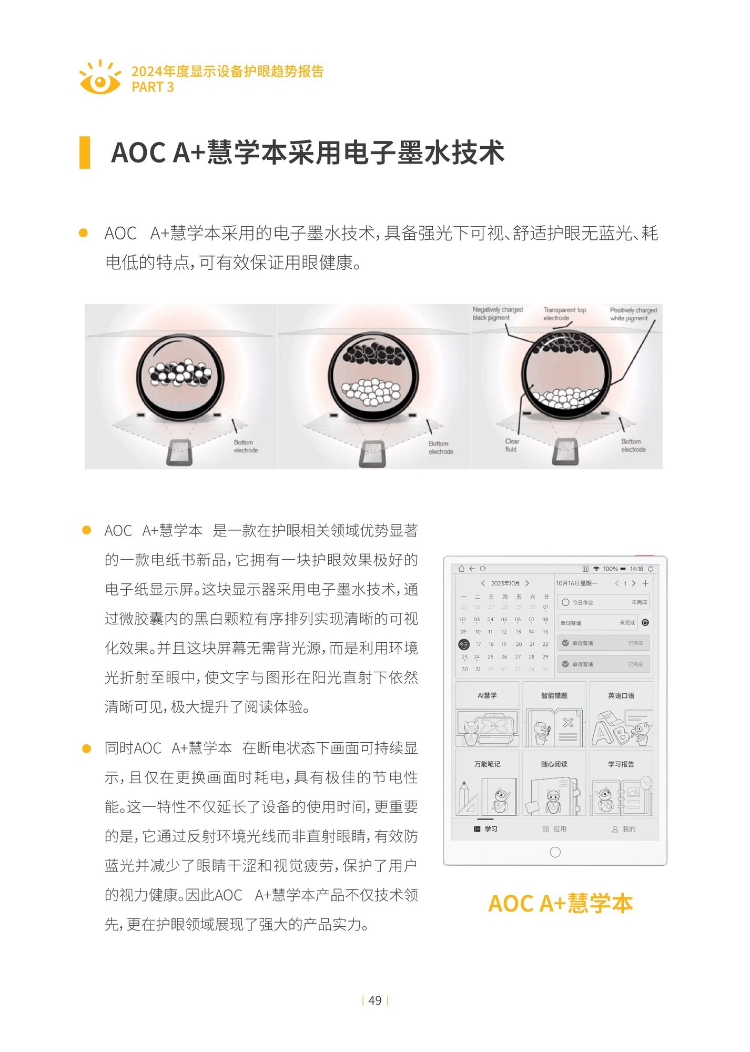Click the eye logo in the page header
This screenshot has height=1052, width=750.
pos(99,78)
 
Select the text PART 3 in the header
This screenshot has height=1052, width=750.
pos(153,87)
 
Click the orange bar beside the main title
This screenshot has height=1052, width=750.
pos(84,153)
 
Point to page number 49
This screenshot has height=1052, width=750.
pos(375,1000)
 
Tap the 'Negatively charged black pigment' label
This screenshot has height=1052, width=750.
pos(497,313)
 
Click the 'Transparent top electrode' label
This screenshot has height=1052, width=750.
pos(564,313)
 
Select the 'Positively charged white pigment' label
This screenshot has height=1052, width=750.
pos(633,314)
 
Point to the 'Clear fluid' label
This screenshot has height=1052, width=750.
pos(512,445)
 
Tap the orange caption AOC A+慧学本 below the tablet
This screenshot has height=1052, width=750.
pos(560,904)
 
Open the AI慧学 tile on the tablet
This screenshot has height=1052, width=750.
pos(487,714)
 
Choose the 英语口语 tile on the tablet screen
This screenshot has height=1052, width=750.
pos(621,714)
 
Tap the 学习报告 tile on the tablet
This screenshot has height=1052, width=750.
pos(621,783)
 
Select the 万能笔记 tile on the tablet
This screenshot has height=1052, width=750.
pos(487,783)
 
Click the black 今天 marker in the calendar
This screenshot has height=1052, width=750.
pos(464,644)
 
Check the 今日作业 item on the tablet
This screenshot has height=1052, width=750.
pos(603,602)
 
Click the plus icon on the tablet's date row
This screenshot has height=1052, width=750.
pos(645,583)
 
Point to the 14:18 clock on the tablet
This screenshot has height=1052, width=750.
pos(636,569)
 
